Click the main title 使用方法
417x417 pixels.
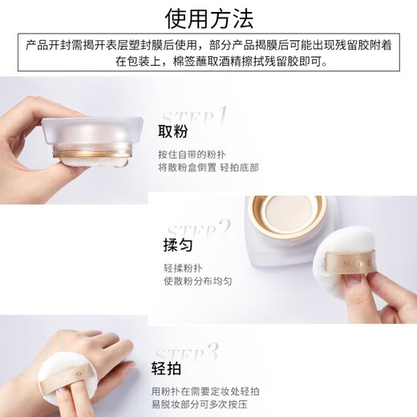(x=208, y=18)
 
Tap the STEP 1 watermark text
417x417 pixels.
(x=192, y=119)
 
